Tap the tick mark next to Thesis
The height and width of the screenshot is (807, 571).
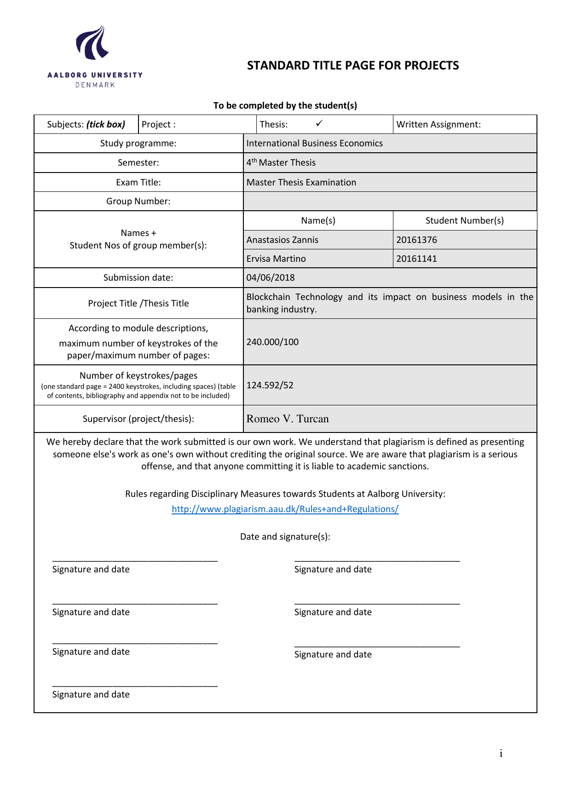[x=319, y=123]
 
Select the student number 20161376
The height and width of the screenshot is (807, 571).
[x=416, y=240]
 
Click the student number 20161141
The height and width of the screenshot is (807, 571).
[x=416, y=259]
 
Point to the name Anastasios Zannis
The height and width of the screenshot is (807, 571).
[x=282, y=240]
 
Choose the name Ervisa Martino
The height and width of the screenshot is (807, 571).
[x=276, y=259]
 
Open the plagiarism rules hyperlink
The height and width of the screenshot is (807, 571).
[x=285, y=509]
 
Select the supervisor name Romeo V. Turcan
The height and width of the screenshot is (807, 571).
[x=288, y=419]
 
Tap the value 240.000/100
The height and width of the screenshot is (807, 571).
[x=272, y=342]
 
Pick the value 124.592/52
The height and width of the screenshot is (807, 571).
[x=270, y=385]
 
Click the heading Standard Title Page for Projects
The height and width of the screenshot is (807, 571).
[x=353, y=65]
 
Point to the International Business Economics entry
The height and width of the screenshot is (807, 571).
[x=314, y=143]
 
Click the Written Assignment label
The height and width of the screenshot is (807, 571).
[x=438, y=124]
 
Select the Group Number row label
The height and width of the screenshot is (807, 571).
[x=138, y=201]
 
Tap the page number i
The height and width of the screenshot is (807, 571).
[x=501, y=753]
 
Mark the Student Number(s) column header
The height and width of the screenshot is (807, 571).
[x=464, y=220]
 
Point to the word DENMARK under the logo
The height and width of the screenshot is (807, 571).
[x=95, y=85]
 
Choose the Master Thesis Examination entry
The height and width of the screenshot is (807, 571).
[x=301, y=182]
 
